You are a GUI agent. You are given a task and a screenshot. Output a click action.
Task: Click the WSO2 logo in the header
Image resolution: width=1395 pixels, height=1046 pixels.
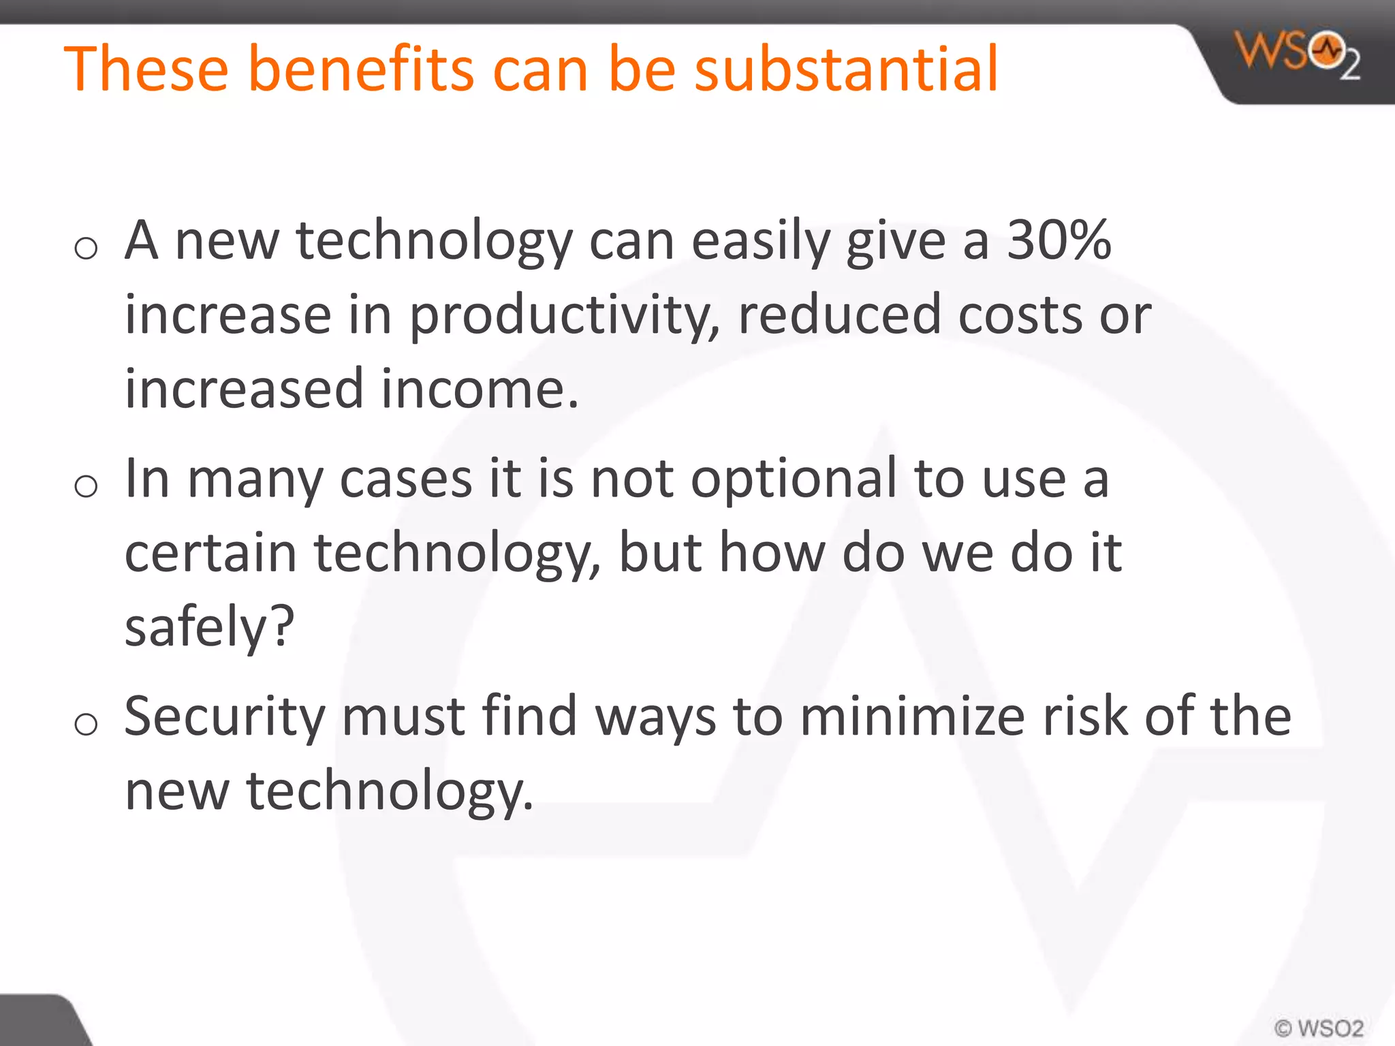pos(1298,54)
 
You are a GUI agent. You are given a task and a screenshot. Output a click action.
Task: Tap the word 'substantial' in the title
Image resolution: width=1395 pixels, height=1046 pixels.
pos(845,69)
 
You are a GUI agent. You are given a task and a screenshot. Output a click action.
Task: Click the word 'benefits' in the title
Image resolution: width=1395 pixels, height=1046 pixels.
pos(360,69)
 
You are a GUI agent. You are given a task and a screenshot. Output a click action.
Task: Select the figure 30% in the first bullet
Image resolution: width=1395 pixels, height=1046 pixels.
pos(1059,240)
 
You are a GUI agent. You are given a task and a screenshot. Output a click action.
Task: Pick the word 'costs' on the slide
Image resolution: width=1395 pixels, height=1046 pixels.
pos(1020,315)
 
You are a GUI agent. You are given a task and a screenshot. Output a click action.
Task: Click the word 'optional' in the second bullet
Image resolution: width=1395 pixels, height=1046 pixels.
pos(794,479)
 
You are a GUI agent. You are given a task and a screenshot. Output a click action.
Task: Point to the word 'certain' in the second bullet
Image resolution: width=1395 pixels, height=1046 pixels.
pos(210,552)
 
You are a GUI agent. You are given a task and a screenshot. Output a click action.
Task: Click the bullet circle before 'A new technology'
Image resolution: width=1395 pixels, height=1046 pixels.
pos(86,249)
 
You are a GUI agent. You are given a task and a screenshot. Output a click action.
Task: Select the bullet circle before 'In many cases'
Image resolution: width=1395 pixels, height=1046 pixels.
pos(86,486)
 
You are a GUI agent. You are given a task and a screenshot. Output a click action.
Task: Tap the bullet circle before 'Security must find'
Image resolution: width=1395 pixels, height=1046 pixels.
pos(86,724)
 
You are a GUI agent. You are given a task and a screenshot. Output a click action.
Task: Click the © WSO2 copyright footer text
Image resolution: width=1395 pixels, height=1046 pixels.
pos(1319,1028)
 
